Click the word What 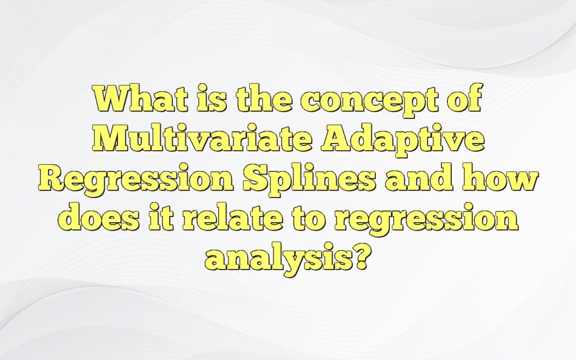click(133, 101)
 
